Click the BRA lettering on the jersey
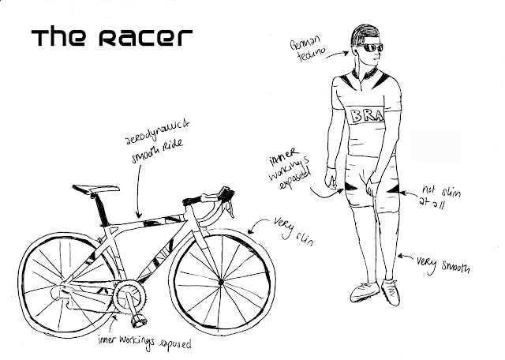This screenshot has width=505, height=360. [x=369, y=116]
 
